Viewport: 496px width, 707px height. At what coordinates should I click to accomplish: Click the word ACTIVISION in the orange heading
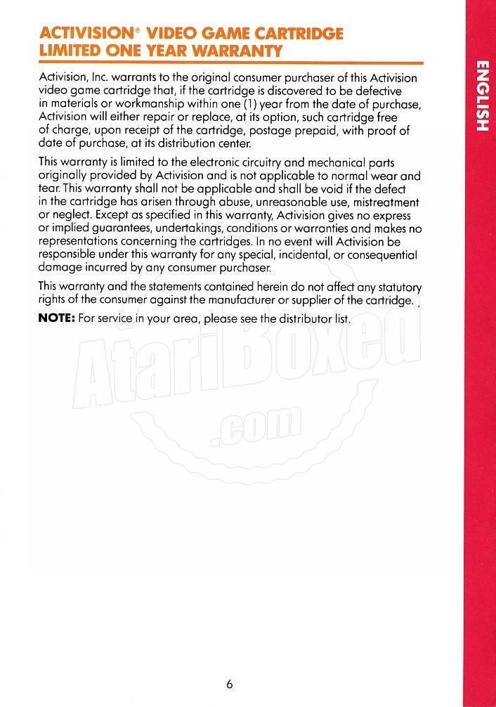pyautogui.click(x=79, y=34)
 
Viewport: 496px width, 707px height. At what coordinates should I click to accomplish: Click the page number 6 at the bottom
pyautogui.click(x=230, y=685)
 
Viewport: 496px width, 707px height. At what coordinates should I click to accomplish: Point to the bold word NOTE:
pyautogui.click(x=56, y=318)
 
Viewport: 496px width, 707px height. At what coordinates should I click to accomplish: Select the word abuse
pyautogui.click(x=223, y=202)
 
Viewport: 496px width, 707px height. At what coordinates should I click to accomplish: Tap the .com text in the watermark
pyautogui.click(x=256, y=426)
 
